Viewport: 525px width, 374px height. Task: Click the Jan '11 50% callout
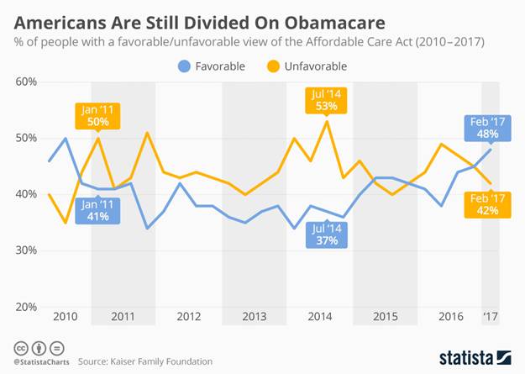pos(97,115)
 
